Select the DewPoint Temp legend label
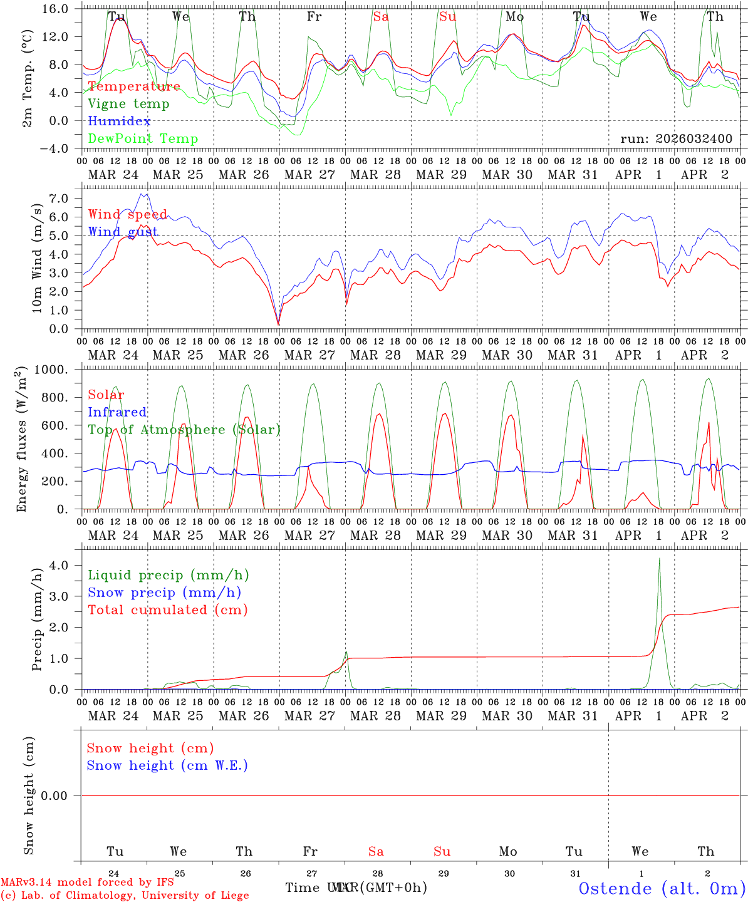pos(143,139)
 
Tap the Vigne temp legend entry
pos(128,104)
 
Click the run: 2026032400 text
pos(676,139)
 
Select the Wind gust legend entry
pos(123,232)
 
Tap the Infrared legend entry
pos(117,412)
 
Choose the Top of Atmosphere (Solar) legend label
pos(184,430)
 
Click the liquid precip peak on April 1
pos(659,559)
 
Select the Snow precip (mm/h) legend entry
pos(164,593)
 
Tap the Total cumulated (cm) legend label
pos(167,610)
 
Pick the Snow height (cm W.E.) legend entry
pos(167,765)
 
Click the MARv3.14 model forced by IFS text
pos(87,883)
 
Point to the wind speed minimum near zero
pos(279,324)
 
